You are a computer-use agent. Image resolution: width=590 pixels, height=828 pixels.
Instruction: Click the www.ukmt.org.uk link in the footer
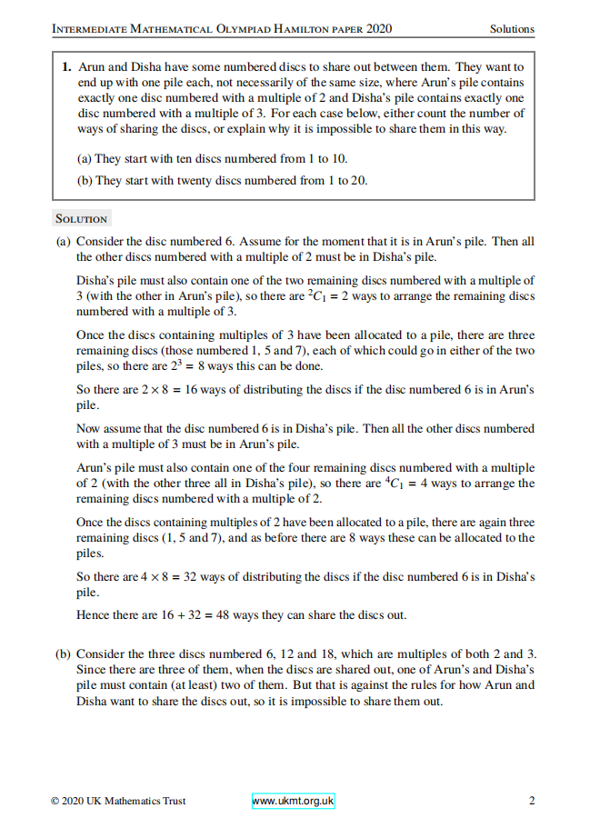coord(293,801)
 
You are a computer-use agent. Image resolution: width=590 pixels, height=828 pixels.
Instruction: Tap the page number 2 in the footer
coord(531,801)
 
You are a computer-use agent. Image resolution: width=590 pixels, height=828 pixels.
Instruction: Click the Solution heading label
coord(81,219)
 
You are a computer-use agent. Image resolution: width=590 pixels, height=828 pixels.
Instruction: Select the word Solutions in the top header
coord(512,29)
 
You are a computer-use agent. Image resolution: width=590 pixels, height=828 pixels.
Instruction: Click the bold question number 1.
coord(67,67)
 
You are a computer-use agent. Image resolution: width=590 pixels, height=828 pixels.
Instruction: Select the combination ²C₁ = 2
coord(329,296)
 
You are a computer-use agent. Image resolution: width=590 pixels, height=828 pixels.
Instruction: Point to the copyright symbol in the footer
coord(56,801)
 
